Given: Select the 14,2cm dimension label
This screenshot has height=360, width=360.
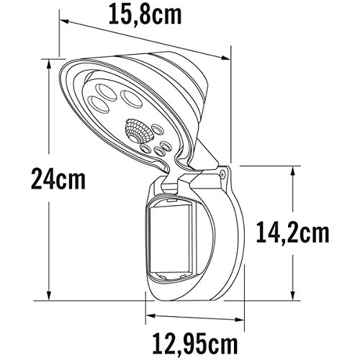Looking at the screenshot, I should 293,232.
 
